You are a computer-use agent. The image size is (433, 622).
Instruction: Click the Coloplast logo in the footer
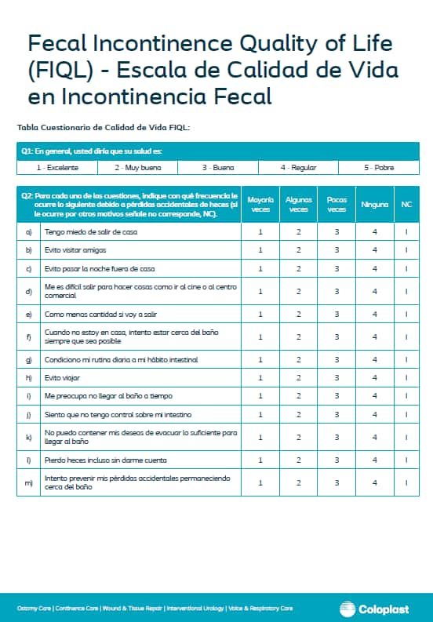[380, 608]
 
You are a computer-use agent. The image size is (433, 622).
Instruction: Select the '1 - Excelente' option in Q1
[56, 168]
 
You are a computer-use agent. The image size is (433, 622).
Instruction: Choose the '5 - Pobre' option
[378, 168]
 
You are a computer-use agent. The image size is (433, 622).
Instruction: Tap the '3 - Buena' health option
[217, 168]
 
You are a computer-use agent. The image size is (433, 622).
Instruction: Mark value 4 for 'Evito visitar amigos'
[375, 249]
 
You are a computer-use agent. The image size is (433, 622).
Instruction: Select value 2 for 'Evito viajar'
[299, 378]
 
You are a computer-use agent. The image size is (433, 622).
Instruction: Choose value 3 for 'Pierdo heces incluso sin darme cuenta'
[337, 460]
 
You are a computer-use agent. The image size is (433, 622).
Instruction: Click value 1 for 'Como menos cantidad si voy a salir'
[260, 314]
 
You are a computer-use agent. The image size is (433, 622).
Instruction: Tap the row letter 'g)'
[29, 359]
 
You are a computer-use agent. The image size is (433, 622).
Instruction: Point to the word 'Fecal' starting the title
[53, 44]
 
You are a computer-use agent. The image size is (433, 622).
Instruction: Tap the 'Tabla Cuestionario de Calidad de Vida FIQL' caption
[104, 127]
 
